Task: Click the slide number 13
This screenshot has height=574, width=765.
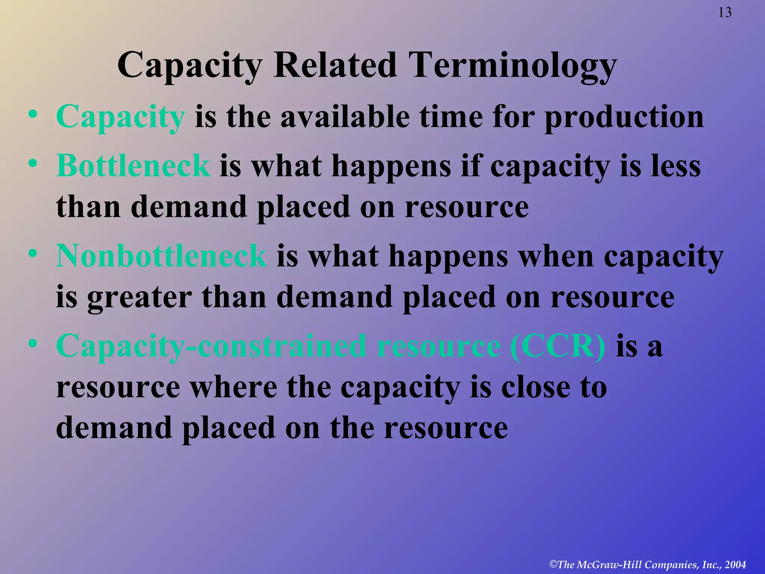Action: click(x=725, y=13)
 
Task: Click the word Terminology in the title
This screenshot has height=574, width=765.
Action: click(x=512, y=66)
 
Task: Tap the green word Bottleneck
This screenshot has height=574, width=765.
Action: click(x=133, y=166)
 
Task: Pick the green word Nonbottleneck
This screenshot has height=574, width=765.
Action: click(x=161, y=256)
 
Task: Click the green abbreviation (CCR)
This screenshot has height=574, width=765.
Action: click(x=558, y=346)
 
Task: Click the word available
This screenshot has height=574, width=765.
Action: click(x=345, y=117)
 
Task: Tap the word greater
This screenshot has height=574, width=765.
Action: click(x=139, y=297)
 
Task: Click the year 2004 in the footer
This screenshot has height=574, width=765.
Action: click(x=735, y=565)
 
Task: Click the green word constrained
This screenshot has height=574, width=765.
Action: click(x=282, y=346)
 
